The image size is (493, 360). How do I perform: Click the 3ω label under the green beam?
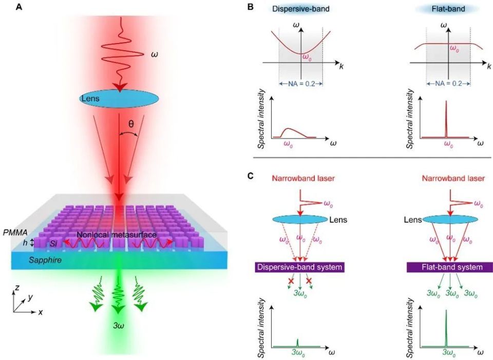tap(119, 325)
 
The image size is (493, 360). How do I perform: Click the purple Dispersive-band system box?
tap(299, 267)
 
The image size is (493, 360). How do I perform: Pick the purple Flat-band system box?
tap(450, 267)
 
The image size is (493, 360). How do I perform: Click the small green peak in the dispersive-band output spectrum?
tap(297, 343)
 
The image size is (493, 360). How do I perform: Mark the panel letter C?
tap(250, 176)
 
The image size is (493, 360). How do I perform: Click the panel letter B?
tap(250, 7)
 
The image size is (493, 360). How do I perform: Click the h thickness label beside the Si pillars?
tap(18, 242)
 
